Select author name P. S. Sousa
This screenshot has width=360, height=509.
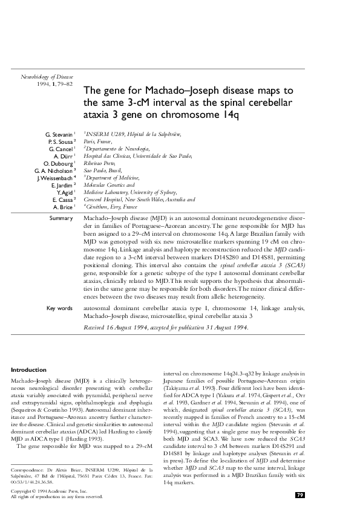point(60,141)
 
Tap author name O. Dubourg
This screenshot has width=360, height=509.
point(59,163)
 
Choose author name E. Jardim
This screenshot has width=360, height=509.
point(61,185)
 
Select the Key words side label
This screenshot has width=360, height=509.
point(59,308)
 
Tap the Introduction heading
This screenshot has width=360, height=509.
point(29,370)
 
